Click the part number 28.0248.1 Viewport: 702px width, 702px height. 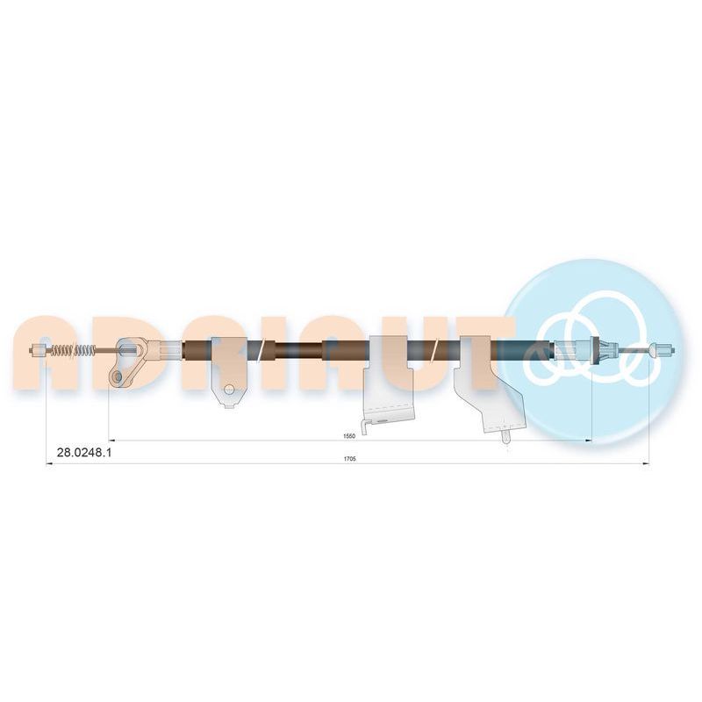click(84, 453)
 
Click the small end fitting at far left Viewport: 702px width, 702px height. click(38, 349)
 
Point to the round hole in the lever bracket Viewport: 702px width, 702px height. click(118, 376)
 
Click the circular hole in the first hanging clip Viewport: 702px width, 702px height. click(229, 389)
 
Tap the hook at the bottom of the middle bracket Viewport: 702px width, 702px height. click(365, 426)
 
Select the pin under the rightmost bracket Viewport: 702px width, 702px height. click(506, 436)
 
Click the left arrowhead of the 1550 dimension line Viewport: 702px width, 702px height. click(111, 441)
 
